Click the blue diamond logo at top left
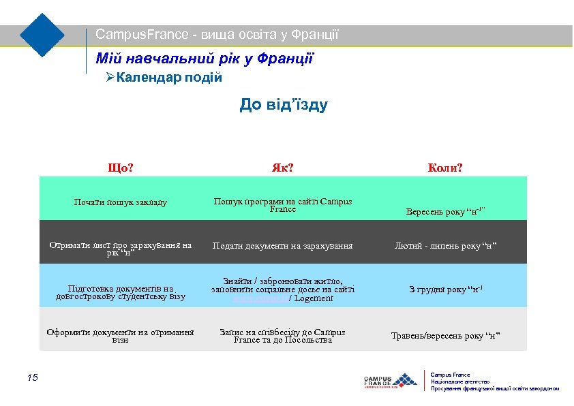tap(42, 35)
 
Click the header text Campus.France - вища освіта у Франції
tap(217, 34)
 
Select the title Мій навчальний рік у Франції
tap(205, 59)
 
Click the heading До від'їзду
tap(284, 105)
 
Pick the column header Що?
tap(121, 167)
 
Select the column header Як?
tap(282, 167)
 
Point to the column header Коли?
tap(445, 167)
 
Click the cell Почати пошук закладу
tap(121, 202)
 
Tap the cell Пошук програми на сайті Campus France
tap(283, 205)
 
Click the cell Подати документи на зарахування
tap(282, 246)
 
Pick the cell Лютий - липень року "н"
tap(445, 246)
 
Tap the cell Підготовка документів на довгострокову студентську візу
tap(121, 292)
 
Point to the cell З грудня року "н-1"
tap(445, 290)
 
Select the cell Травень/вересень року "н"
tap(445, 335)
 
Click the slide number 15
tap(33, 377)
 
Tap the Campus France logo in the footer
tap(390, 380)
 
